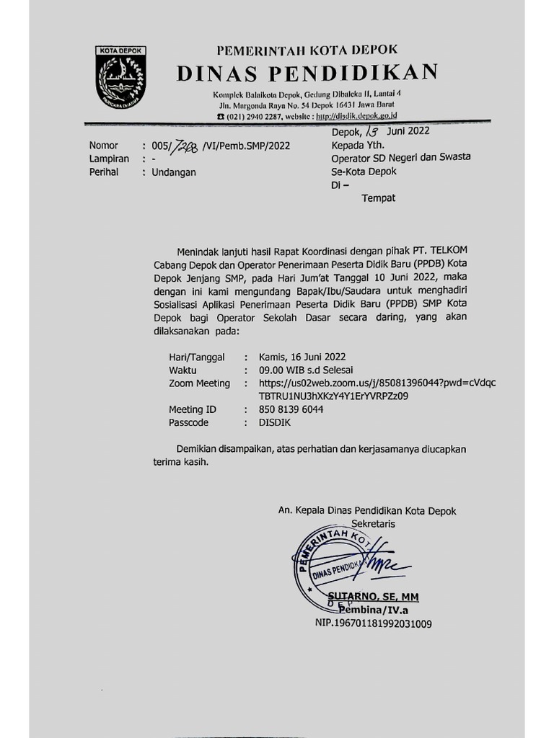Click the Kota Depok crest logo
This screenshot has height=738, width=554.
(x=120, y=77)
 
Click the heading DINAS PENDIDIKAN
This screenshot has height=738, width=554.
(x=307, y=74)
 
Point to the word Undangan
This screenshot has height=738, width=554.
(x=173, y=172)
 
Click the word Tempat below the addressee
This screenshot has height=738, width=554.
(x=378, y=198)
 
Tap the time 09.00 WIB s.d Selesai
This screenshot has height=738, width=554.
(x=302, y=370)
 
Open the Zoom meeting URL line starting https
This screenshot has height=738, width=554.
(x=377, y=383)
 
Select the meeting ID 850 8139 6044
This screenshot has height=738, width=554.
(x=291, y=409)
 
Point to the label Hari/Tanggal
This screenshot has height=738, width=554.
(x=196, y=357)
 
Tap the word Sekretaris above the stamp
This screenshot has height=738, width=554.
(x=373, y=524)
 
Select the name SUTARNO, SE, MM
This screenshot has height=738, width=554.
(x=373, y=597)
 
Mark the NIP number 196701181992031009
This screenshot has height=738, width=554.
(x=373, y=623)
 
